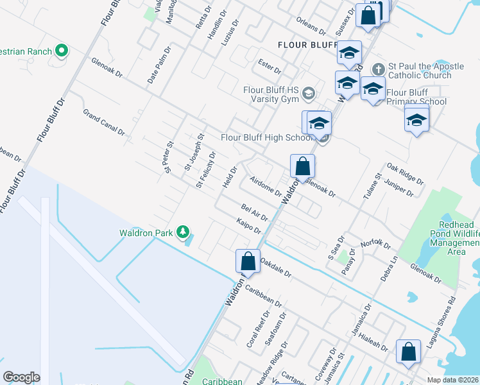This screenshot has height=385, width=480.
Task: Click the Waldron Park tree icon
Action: [x=184, y=231]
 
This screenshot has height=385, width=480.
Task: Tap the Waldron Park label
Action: [x=146, y=232]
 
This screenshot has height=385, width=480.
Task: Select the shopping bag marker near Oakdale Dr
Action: [x=248, y=262]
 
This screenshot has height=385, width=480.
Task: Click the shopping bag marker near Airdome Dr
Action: [x=302, y=166]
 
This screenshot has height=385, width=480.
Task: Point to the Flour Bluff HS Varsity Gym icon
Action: [x=309, y=94]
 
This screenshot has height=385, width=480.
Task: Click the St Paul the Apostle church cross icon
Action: [x=379, y=69]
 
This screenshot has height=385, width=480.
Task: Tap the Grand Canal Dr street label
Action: [x=103, y=121]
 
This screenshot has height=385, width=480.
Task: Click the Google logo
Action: [x=21, y=377]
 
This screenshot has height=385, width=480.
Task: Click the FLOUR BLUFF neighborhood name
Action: [x=303, y=45]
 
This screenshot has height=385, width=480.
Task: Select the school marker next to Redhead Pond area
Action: [x=416, y=120]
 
